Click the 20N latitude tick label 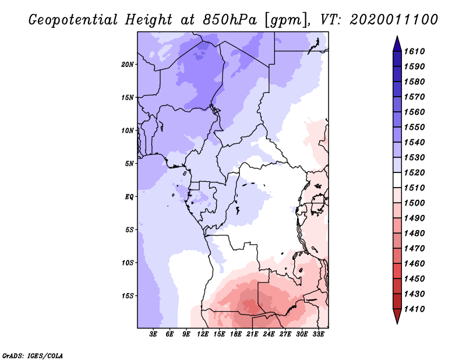point(128,64)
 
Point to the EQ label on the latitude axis point(129,196)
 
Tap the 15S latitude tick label point(128,295)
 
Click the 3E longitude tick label point(154,334)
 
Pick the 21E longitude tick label point(252,334)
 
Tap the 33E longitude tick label point(318,334)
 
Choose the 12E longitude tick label point(203,334)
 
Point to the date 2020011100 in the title point(394,20)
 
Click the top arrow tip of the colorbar point(397,38)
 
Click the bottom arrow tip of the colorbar point(397,322)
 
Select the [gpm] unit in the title point(285,20)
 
